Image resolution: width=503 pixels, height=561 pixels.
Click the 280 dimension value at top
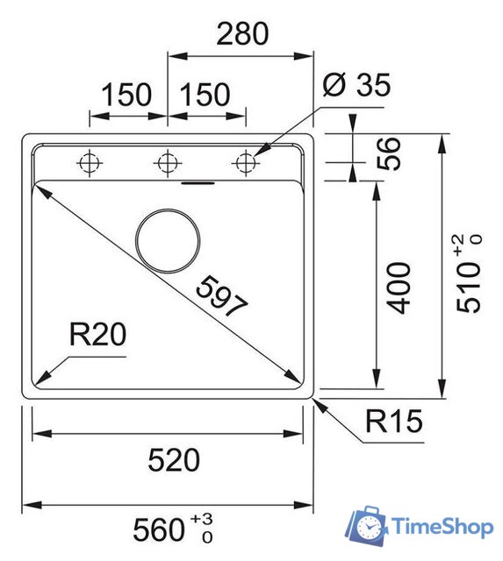tap(241, 34)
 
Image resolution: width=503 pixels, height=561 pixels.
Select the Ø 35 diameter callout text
tap(356, 85)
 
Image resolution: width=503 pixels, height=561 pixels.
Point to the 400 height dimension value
tap(399, 288)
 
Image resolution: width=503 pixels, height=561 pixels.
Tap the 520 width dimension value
tap(172, 458)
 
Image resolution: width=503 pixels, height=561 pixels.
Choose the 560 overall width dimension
tap(161, 529)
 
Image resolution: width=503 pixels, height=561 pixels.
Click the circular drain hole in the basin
tap(169, 239)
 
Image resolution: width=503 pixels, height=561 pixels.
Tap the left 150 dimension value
tap(126, 94)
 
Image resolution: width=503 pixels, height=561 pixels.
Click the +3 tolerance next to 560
tap(207, 522)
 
